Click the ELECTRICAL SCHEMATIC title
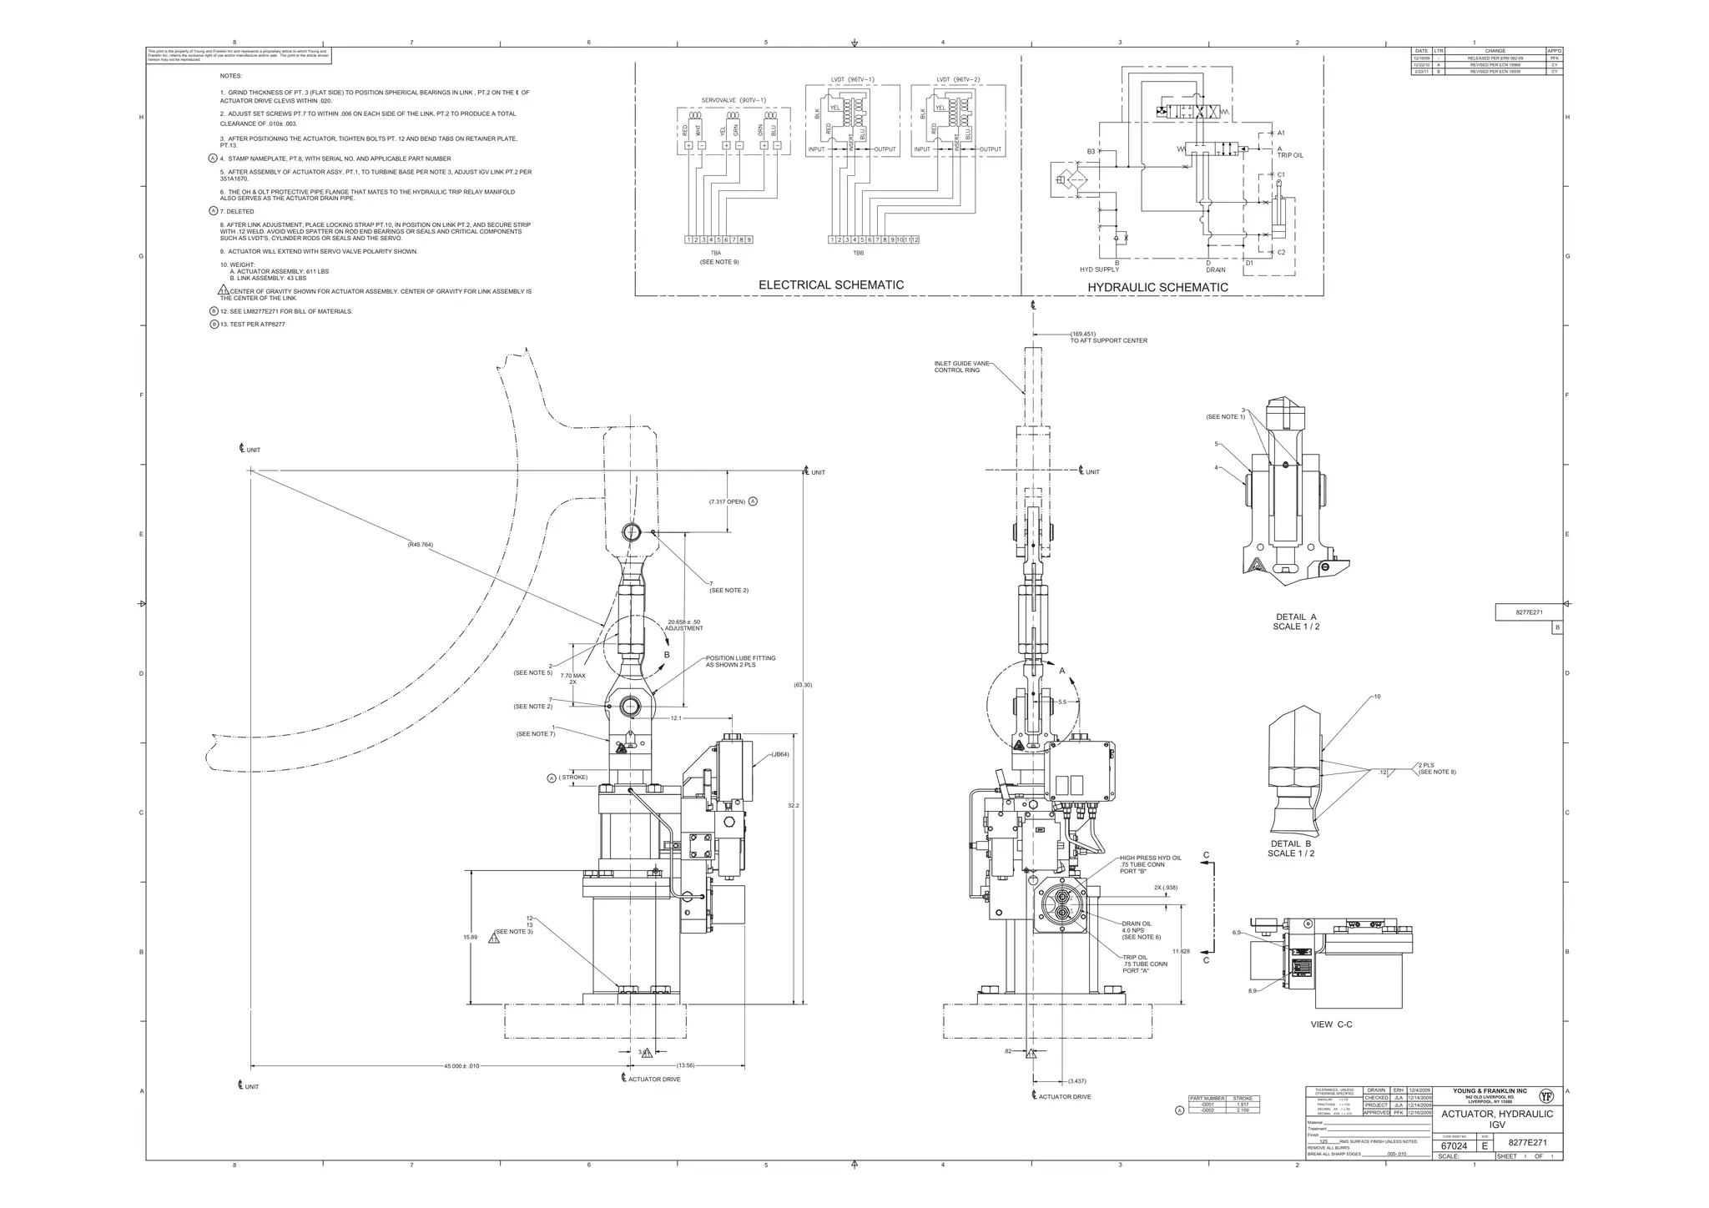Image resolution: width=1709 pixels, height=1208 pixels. (830, 285)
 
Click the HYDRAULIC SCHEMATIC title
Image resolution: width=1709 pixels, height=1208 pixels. (1157, 288)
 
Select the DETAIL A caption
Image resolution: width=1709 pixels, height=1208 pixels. (1296, 622)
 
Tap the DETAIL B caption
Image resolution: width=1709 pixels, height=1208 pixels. (1291, 848)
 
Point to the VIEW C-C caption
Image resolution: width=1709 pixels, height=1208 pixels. (1331, 1024)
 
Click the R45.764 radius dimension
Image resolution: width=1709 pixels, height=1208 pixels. (420, 545)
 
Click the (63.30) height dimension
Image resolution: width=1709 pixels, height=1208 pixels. (803, 685)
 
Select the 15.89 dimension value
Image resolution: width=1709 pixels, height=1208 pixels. (470, 937)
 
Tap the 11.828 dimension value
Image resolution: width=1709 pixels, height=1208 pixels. (1181, 951)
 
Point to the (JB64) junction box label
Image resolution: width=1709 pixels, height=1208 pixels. (779, 754)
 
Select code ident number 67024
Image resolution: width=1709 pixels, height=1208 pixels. (1454, 1146)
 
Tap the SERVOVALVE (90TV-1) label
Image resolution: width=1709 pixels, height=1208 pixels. (733, 100)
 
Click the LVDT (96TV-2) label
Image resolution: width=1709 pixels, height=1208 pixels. (958, 80)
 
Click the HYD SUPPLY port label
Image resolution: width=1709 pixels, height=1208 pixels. (1099, 269)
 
